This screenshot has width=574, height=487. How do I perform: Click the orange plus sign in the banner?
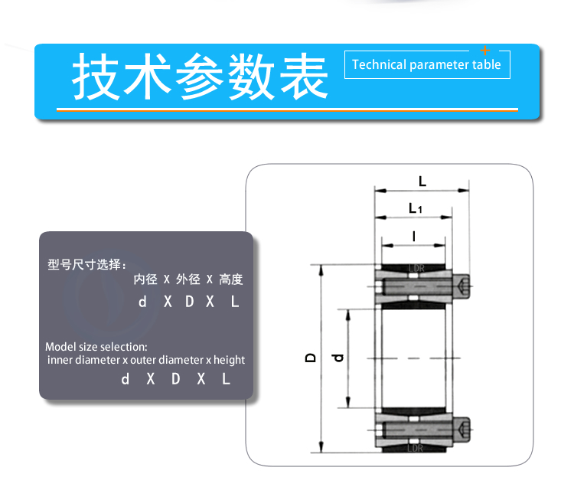tap(485, 51)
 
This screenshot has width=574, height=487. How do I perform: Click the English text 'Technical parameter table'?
tap(426, 65)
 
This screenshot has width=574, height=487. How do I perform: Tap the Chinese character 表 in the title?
tap(304, 76)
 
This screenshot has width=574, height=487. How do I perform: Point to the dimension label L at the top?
tap(422, 181)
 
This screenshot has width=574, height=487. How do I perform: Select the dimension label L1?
tap(416, 208)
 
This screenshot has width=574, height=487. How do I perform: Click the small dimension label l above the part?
tap(414, 236)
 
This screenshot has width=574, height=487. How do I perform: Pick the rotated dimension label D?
tap(311, 358)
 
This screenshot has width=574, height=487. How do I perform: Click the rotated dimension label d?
tap(338, 358)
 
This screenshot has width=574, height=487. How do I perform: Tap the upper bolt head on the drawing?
tap(461, 286)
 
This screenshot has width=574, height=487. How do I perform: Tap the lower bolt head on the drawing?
tap(461, 429)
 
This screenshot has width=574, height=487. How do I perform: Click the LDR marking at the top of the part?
tap(416, 269)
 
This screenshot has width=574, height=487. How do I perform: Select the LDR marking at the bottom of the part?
tap(415, 448)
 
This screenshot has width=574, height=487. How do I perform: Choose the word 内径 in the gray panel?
tap(145, 279)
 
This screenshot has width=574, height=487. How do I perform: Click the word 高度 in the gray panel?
tap(231, 279)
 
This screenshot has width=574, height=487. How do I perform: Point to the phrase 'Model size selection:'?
tap(96, 347)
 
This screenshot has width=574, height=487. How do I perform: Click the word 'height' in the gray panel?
tap(229, 360)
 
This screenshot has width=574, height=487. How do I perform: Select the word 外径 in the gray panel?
tap(188, 279)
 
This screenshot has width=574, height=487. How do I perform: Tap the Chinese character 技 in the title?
tap(96, 76)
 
